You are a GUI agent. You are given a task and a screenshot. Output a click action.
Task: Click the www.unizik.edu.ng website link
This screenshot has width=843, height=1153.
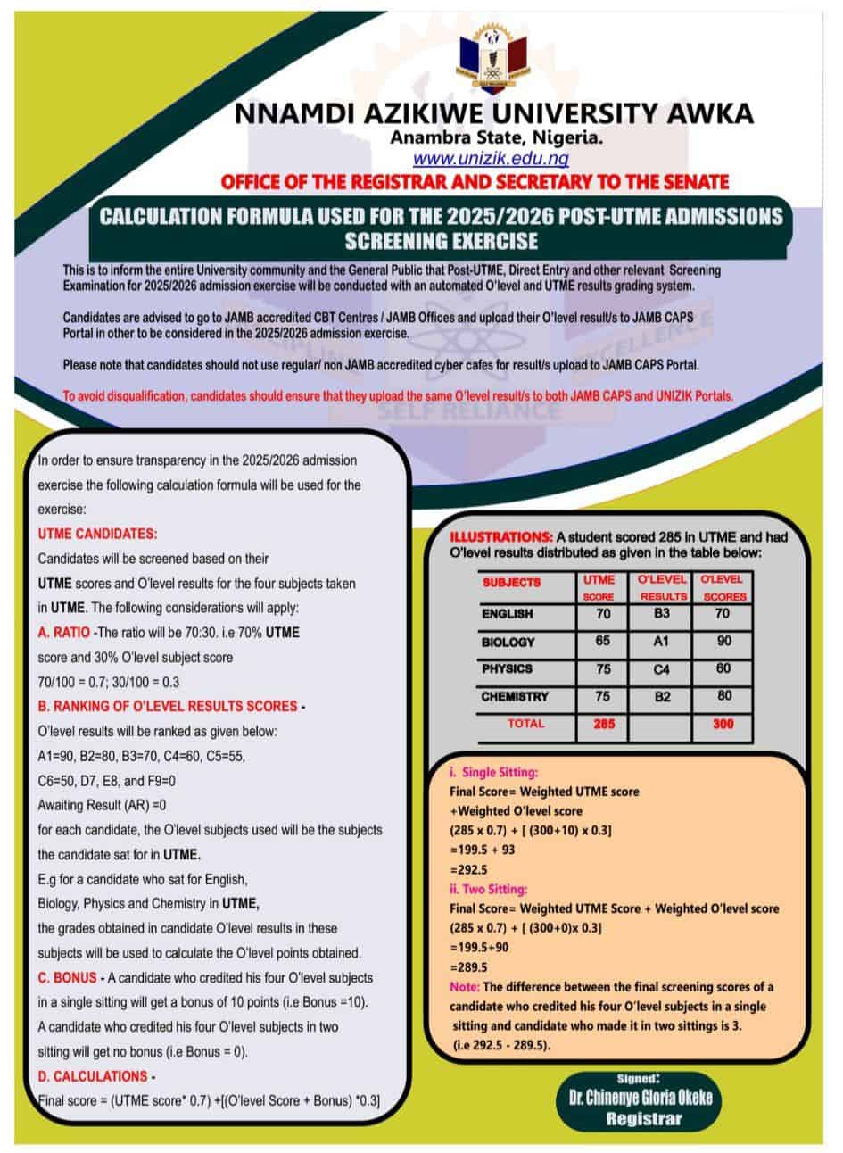[x=490, y=159]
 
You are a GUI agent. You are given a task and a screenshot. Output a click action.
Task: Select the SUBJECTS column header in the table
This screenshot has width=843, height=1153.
[x=512, y=582]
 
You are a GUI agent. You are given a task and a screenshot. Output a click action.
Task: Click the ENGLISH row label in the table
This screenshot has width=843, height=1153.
[x=507, y=614]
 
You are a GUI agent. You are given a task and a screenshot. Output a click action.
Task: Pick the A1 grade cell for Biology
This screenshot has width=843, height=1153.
[x=662, y=641]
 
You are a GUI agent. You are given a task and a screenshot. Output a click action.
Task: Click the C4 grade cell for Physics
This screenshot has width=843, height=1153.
[x=662, y=668]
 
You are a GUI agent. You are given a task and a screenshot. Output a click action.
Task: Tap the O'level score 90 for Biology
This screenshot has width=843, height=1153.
[x=723, y=641]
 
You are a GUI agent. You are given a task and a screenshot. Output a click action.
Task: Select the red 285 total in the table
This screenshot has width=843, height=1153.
[x=604, y=725]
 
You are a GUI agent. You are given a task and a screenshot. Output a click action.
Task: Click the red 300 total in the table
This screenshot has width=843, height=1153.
[x=723, y=725]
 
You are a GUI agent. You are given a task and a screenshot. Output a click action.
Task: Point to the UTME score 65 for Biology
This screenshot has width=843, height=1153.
[x=603, y=641]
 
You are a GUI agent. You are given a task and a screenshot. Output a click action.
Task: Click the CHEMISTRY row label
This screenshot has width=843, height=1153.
[x=515, y=696]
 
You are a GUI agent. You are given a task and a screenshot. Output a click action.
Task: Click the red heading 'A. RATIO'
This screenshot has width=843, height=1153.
[x=63, y=632]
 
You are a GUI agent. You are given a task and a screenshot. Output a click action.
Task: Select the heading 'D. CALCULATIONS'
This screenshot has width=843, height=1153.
[x=93, y=1076]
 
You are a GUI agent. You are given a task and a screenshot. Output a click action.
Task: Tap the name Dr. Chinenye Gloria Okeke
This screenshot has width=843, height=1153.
[x=634, y=1098]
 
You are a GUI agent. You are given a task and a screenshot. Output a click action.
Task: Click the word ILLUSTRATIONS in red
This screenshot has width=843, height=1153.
[x=500, y=537]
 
